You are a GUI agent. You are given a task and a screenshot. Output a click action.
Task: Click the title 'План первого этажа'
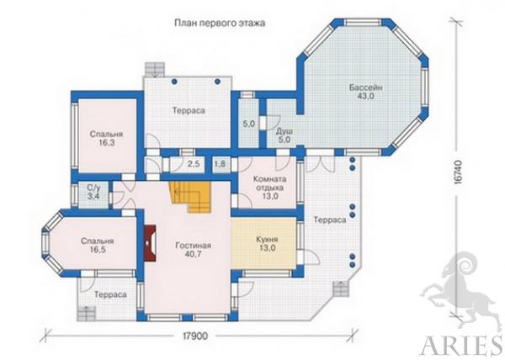[220, 24]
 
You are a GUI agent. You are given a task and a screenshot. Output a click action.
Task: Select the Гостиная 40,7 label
[194, 250]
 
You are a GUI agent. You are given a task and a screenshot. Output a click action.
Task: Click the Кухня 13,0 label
[267, 244]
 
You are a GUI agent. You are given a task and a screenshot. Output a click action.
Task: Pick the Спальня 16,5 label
[98, 245]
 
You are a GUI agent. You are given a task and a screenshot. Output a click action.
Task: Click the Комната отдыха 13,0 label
[270, 188]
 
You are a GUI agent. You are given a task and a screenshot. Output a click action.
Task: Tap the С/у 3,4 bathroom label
[93, 192]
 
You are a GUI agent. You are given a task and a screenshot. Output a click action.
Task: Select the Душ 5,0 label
[284, 135]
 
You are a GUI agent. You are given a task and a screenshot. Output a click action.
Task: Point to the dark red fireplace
[150, 243]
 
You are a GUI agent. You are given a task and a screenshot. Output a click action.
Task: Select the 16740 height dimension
[459, 172]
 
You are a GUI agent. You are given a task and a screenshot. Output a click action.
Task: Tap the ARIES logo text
[462, 346]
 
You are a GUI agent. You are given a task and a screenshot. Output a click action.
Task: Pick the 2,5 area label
[194, 164]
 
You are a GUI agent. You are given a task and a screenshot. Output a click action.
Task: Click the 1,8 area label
[220, 164]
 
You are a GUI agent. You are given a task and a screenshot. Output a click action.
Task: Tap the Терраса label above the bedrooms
[189, 111]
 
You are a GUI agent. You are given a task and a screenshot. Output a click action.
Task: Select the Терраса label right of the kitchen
[330, 220]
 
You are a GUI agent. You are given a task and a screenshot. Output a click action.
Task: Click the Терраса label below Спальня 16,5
[110, 294]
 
